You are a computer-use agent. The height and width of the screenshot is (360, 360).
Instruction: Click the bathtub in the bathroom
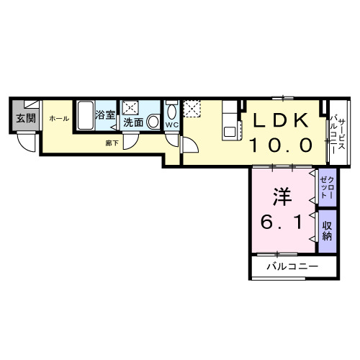coord(84,115)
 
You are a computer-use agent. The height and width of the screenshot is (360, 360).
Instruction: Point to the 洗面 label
coord(133,122)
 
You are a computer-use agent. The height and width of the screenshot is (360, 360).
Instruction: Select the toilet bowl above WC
coord(171,112)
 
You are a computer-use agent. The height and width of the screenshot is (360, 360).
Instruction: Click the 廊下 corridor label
coord(112,143)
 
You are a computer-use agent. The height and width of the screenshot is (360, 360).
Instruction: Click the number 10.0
coord(280,145)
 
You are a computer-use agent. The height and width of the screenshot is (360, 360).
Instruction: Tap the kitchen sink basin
coord(230,132)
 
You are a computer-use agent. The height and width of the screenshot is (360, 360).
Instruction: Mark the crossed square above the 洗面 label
coord(132,107)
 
